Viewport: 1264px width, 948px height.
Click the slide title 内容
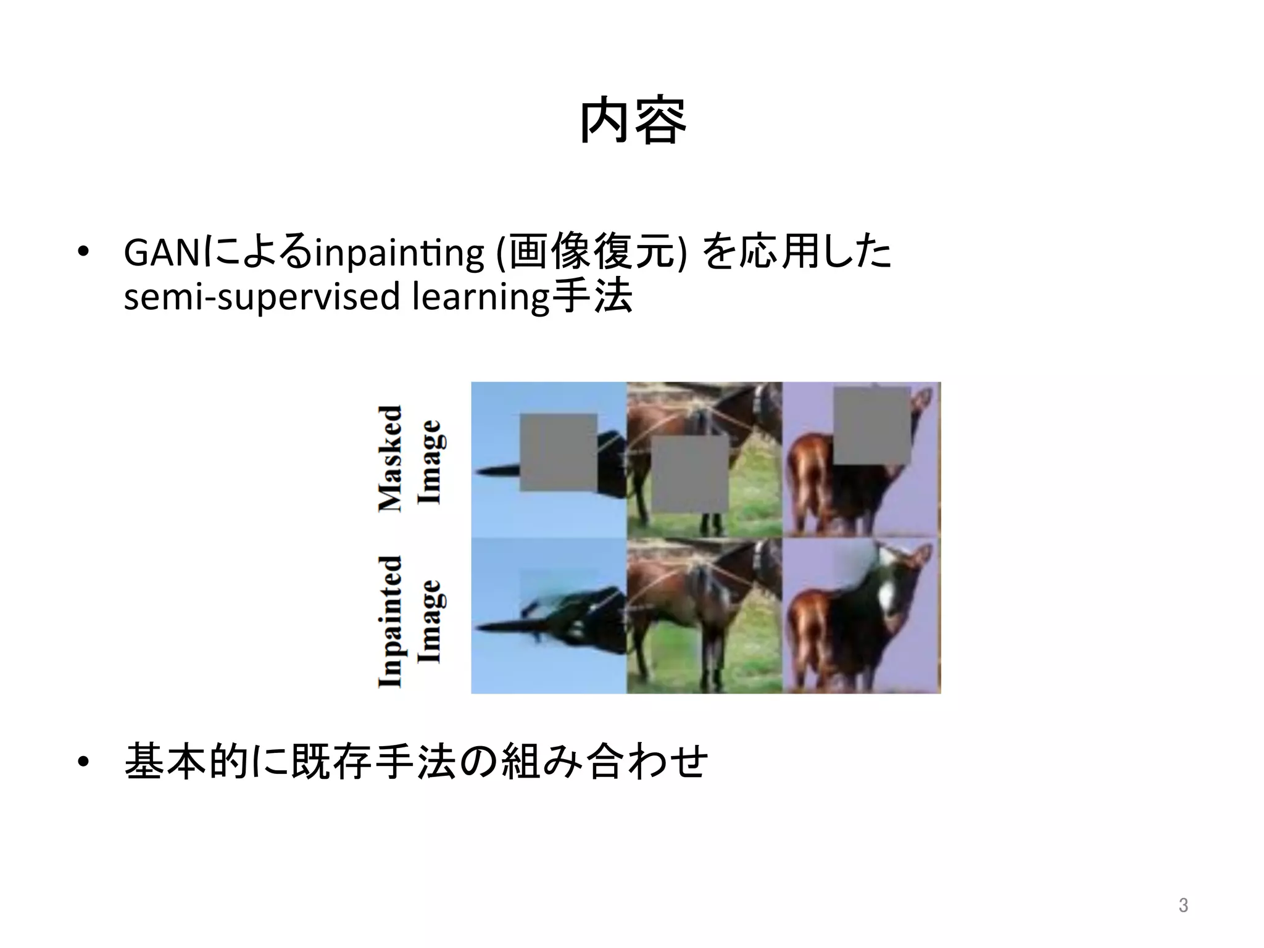(633, 121)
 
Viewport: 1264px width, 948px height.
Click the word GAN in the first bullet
(162, 254)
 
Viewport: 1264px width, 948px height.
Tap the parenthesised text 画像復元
(591, 254)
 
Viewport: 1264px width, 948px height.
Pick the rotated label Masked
(390, 458)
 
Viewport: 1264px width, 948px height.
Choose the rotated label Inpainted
(390, 621)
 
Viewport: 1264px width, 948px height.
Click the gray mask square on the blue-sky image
(558, 452)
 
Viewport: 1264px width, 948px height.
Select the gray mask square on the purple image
(872, 425)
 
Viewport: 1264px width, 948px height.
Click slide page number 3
(1183, 905)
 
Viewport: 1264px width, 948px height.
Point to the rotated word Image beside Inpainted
(430, 621)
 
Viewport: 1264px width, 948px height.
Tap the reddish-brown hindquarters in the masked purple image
(809, 481)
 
